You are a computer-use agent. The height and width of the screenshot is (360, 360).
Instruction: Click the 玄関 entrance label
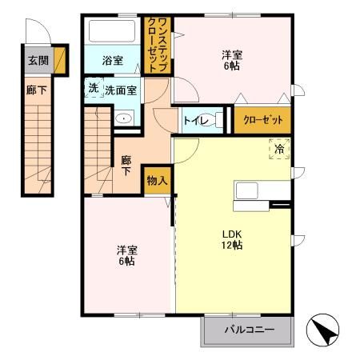point(36,61)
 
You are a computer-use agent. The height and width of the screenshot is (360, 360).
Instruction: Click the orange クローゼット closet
point(262,119)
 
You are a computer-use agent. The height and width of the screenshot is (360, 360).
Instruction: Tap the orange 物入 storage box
point(157,182)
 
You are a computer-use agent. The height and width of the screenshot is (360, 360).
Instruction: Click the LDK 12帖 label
point(232,239)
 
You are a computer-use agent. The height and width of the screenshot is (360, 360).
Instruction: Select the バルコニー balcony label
point(249,330)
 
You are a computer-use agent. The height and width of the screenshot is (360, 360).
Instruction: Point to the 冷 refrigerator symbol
point(279,148)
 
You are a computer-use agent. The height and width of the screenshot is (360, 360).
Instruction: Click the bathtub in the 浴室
point(113,32)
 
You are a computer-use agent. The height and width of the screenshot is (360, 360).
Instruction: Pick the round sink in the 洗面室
point(123,118)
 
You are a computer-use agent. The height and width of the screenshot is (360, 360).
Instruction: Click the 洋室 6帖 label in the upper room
point(232,60)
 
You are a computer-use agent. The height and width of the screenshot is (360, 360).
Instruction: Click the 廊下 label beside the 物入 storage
point(126,166)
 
